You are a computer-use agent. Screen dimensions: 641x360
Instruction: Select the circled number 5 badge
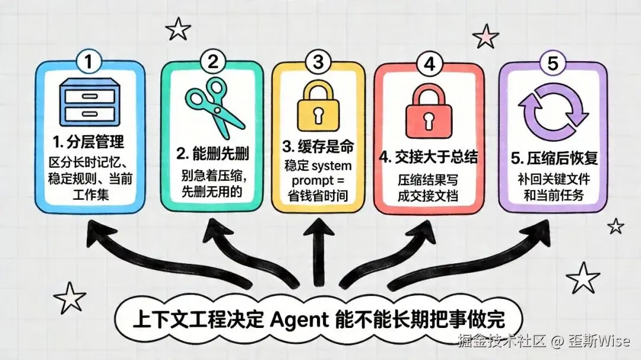coord(552,63)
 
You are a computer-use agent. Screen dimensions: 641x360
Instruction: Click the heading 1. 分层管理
coord(88,142)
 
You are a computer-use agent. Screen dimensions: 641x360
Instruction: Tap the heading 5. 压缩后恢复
coord(554,160)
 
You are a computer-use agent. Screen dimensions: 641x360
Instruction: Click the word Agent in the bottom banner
coord(299,320)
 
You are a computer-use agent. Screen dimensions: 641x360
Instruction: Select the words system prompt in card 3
coord(319,171)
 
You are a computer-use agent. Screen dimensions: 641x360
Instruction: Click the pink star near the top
coord(486,36)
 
